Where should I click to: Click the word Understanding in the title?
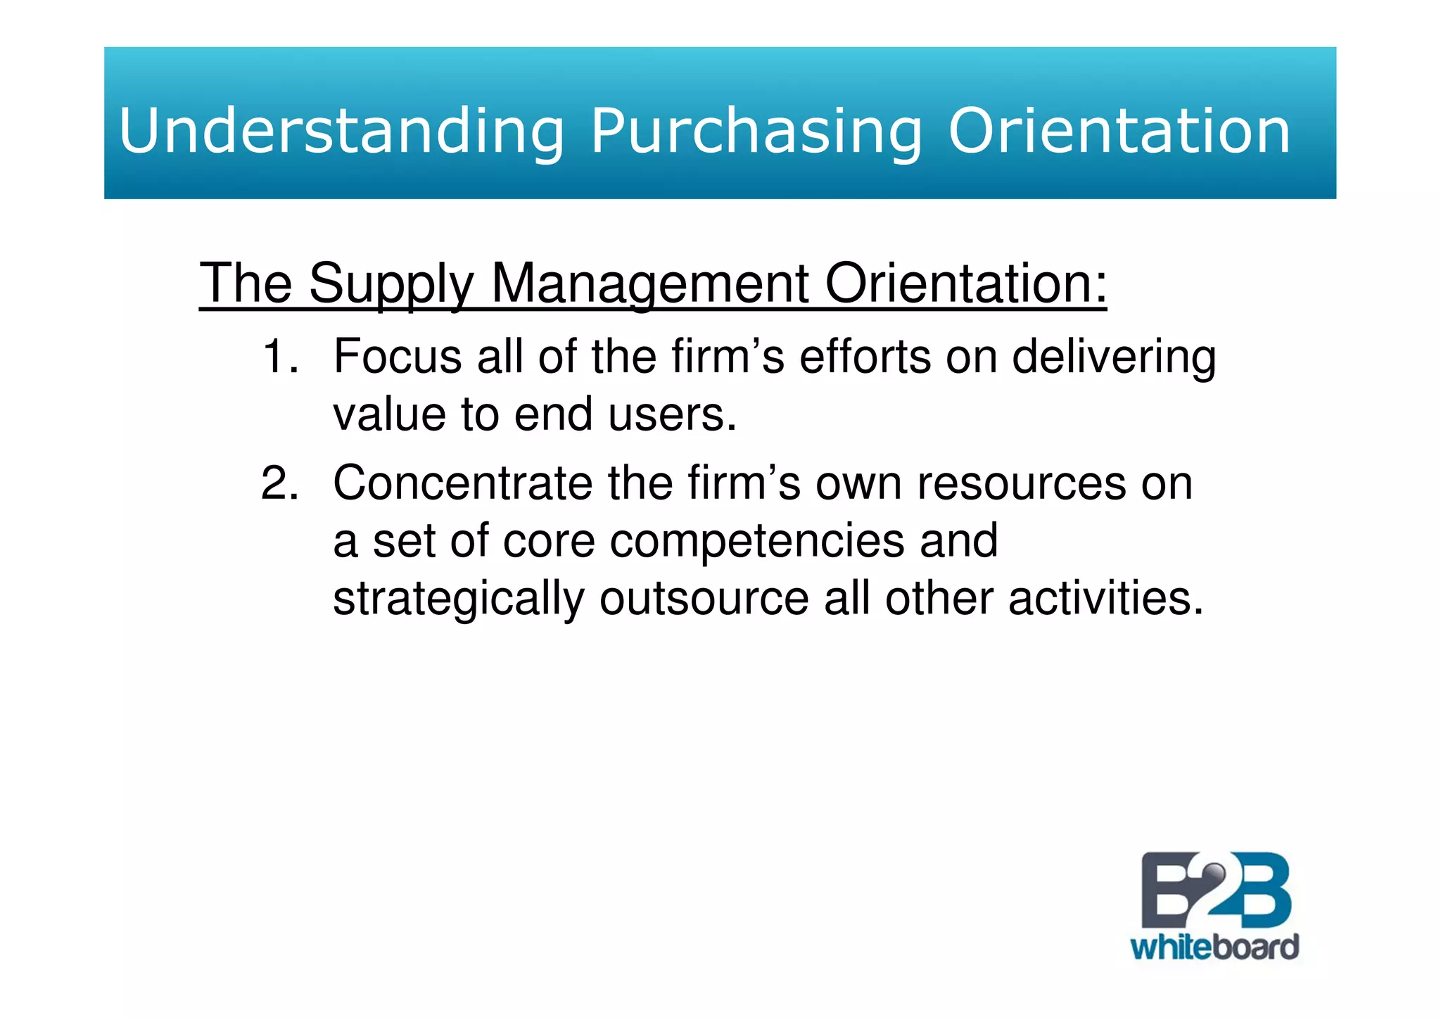(341, 132)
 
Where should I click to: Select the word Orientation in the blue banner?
(1119, 132)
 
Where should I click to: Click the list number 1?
(279, 357)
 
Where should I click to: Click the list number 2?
(279, 484)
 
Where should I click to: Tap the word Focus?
(397, 357)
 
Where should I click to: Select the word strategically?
(458, 600)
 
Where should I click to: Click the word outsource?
(704, 599)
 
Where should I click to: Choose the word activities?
(1105, 599)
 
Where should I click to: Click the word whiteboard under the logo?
(1214, 948)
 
